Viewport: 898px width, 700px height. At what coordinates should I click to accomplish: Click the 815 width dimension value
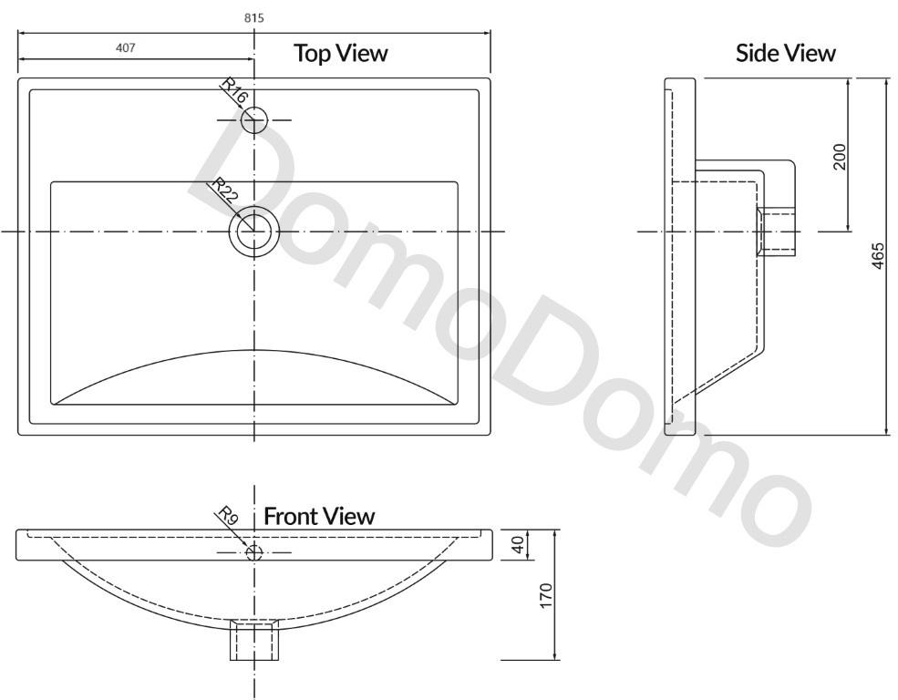[x=255, y=17]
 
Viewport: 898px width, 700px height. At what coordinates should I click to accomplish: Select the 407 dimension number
[x=126, y=48]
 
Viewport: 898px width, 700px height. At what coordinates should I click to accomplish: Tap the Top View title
[x=340, y=53]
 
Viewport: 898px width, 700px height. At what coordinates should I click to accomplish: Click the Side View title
[x=785, y=54]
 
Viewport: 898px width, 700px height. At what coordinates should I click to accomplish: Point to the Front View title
[x=319, y=516]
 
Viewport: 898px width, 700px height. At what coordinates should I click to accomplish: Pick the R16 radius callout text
[x=234, y=92]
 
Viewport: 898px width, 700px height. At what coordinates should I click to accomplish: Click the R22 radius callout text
[x=225, y=191]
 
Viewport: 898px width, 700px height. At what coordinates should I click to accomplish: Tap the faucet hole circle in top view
[x=254, y=119]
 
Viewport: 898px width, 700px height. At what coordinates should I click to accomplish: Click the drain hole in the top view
[x=254, y=232]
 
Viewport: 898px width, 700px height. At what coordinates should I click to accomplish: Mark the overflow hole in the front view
[x=254, y=552]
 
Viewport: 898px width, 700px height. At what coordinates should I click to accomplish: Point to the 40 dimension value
[x=518, y=544]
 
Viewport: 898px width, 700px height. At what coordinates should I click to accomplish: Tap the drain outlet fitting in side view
[x=776, y=232]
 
